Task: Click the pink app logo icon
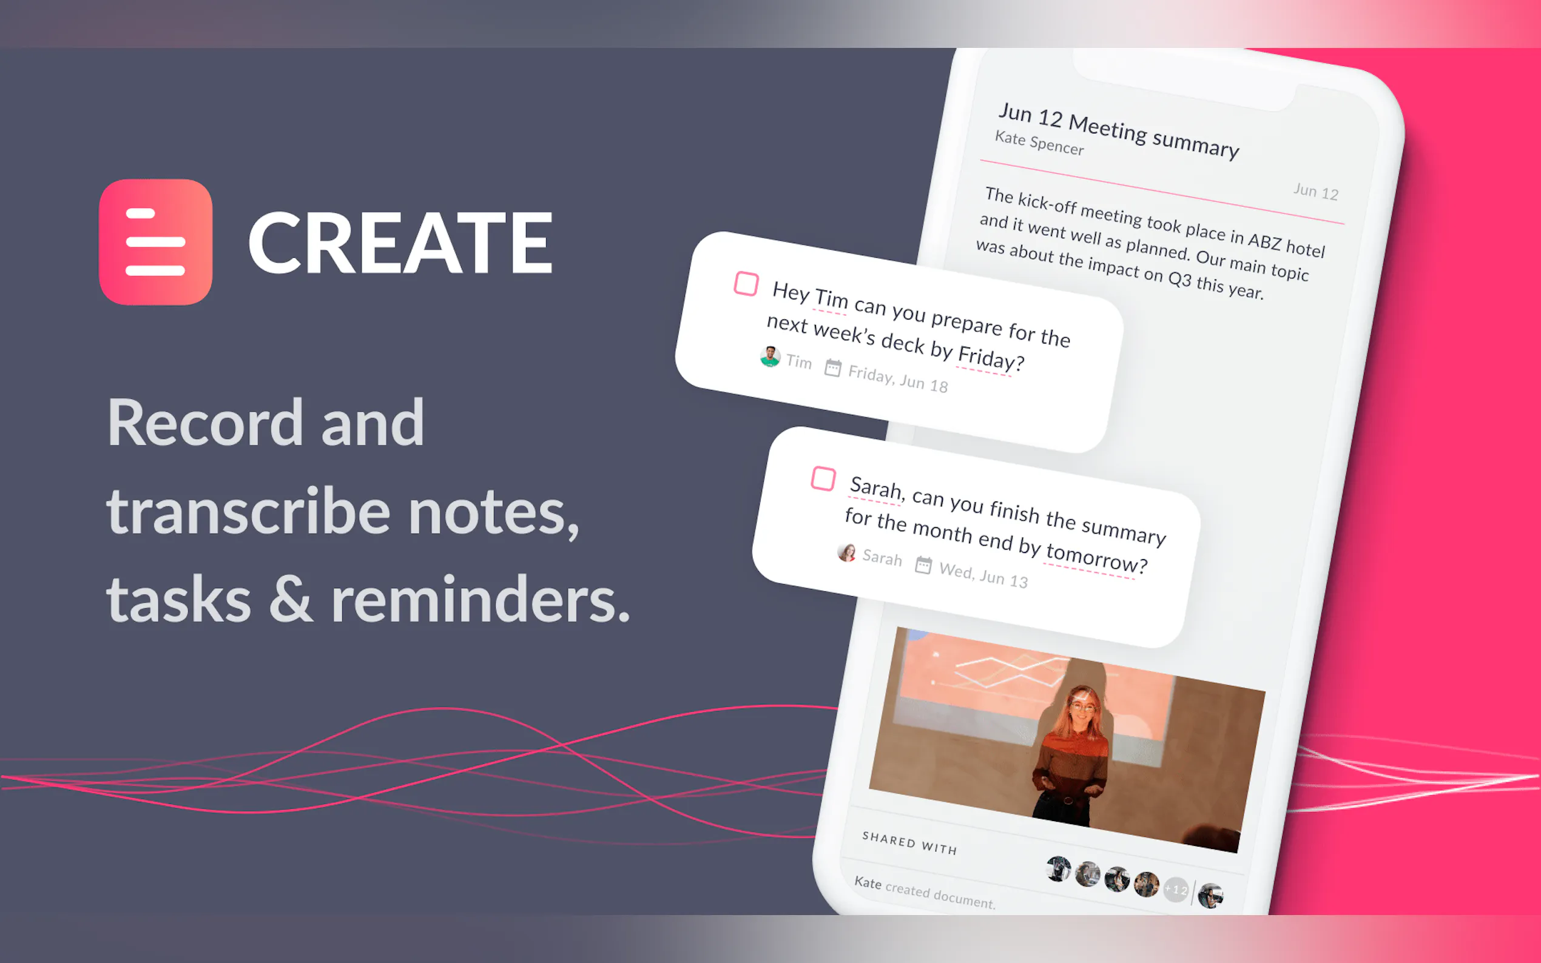(x=155, y=242)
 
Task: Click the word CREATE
(x=400, y=243)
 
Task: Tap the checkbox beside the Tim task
(x=746, y=283)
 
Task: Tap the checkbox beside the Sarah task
(x=823, y=478)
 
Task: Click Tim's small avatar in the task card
(x=770, y=356)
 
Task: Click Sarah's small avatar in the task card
(x=846, y=552)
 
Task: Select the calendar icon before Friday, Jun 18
(x=832, y=367)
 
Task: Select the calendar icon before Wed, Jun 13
(x=923, y=565)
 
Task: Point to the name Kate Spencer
(x=1039, y=143)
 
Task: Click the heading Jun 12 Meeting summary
(x=1119, y=130)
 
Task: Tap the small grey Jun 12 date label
(x=1315, y=191)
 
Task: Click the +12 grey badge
(x=1176, y=889)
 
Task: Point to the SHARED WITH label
(x=909, y=843)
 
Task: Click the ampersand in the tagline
(x=291, y=599)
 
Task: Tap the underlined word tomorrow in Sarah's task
(x=1096, y=557)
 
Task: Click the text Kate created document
(x=925, y=891)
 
